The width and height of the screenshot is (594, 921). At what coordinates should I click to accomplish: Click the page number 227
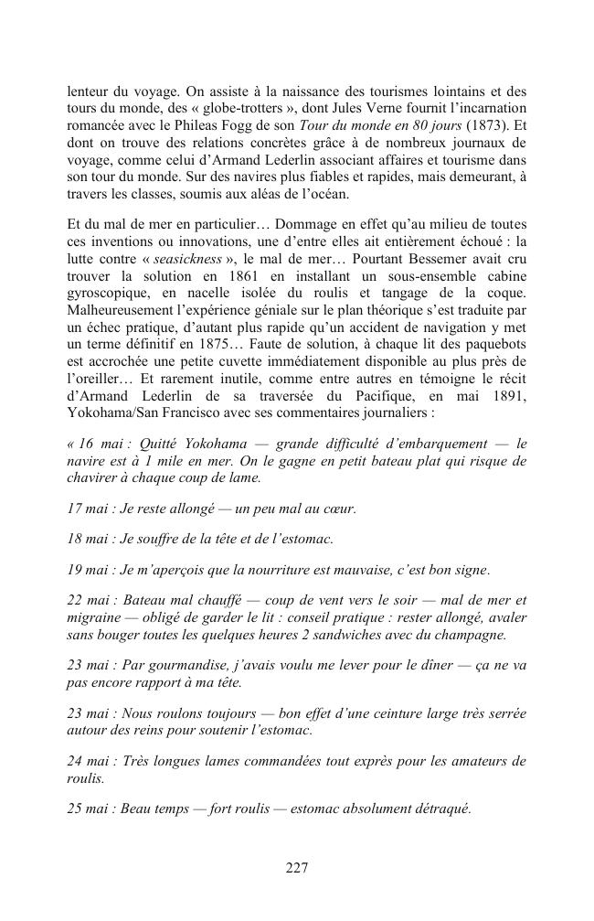tap(296, 869)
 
